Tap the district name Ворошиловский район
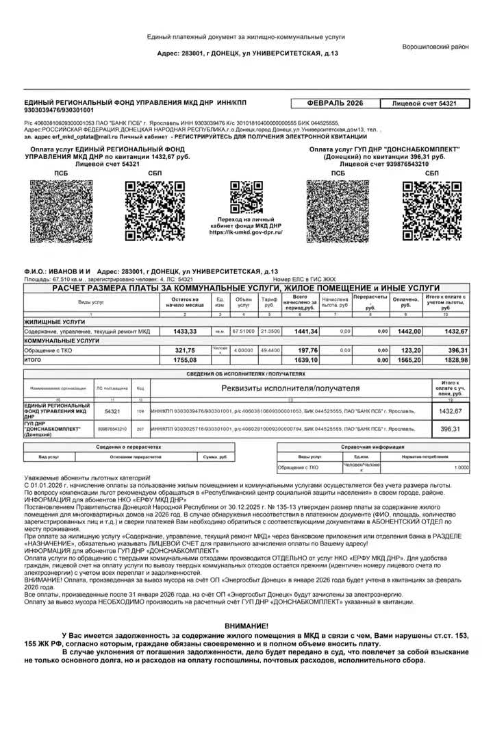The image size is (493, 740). coord(435,47)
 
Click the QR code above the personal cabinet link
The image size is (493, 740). coord(246,197)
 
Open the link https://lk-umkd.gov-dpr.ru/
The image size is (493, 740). coord(246,232)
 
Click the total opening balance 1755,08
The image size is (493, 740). coord(185,360)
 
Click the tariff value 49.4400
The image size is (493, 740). coord(269,350)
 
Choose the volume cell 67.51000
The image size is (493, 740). coord(243,331)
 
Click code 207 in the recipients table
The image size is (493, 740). coord(140,430)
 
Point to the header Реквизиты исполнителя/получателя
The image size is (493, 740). coord(290,388)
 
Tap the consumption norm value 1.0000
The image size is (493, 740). coord(462,468)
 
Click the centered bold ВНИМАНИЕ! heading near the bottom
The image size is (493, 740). coord(246,626)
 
